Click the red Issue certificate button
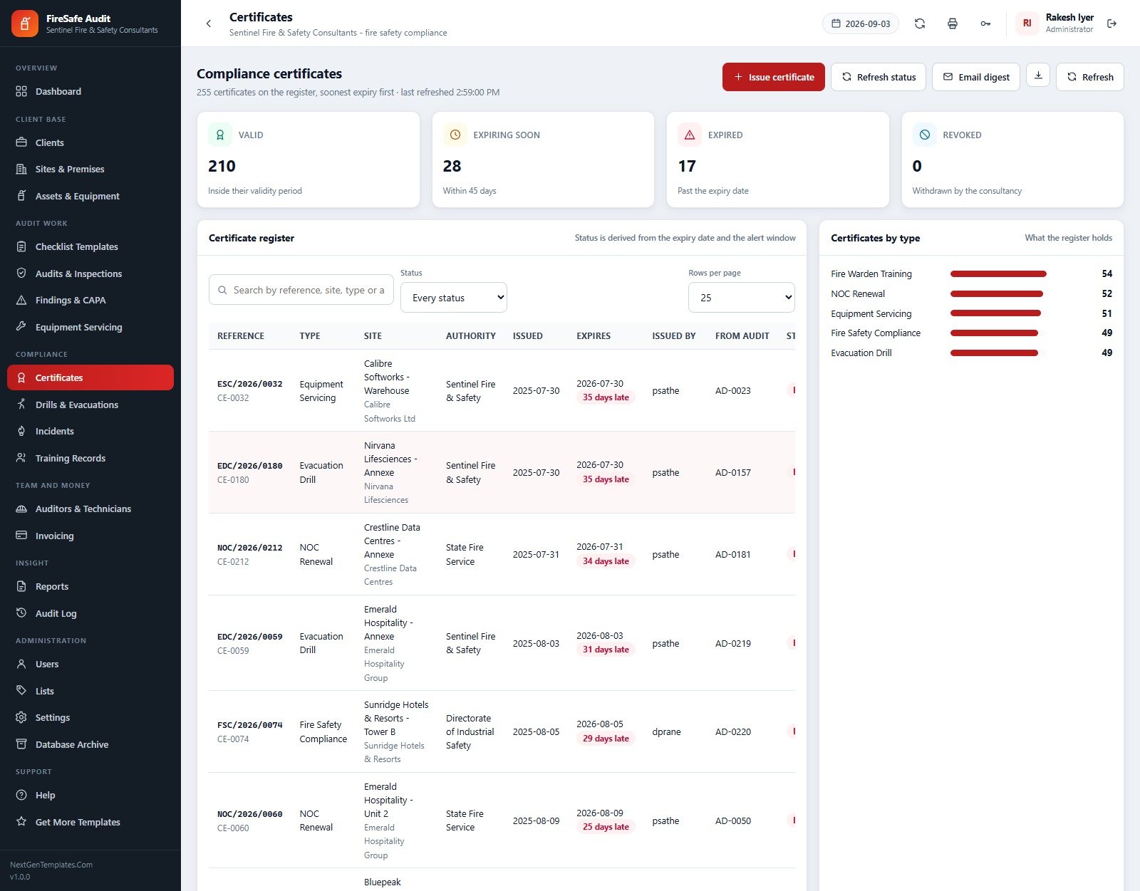tap(773, 77)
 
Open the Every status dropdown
tap(453, 297)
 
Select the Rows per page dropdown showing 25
tap(741, 297)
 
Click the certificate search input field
tap(301, 289)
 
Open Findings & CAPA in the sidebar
tap(71, 300)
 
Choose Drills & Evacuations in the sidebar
tap(77, 405)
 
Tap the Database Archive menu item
tap(72, 744)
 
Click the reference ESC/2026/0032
tap(249, 384)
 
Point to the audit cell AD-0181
tap(732, 554)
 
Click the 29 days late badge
tap(606, 739)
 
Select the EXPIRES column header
tap(593, 335)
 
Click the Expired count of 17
tap(687, 166)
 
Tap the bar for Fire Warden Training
tap(997, 273)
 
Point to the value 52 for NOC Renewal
tap(1107, 293)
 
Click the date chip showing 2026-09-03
tap(860, 24)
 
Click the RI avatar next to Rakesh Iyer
tap(1027, 24)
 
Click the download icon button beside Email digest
tap(1037, 75)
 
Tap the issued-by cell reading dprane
tap(666, 731)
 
